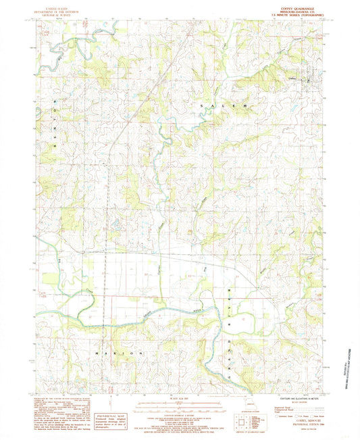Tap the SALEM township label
(224, 107)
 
